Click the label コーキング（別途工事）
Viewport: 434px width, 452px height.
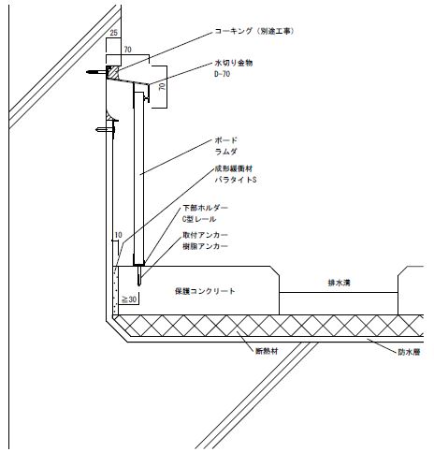(254, 31)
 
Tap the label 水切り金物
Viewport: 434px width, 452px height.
(234, 63)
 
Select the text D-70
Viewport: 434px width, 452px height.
(223, 74)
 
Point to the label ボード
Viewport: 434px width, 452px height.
(225, 140)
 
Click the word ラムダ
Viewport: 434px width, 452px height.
(225, 152)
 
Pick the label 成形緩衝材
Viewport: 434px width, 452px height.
(234, 168)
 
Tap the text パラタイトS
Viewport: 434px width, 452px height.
(236, 180)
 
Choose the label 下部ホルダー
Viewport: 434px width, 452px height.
(205, 208)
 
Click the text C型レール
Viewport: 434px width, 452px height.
(199, 219)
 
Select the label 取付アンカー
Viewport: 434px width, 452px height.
(205, 235)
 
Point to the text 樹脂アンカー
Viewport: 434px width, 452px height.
(205, 246)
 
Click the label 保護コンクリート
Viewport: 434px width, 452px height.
(205, 291)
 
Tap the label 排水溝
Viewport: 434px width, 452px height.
(340, 283)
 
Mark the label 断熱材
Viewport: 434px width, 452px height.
(267, 351)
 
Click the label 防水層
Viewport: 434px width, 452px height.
(409, 352)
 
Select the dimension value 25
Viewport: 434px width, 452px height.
(114, 33)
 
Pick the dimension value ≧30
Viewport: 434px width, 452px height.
(129, 299)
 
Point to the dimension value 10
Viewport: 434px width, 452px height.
(119, 235)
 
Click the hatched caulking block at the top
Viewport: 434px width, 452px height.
(112, 72)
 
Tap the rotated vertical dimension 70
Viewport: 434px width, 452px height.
(162, 87)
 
